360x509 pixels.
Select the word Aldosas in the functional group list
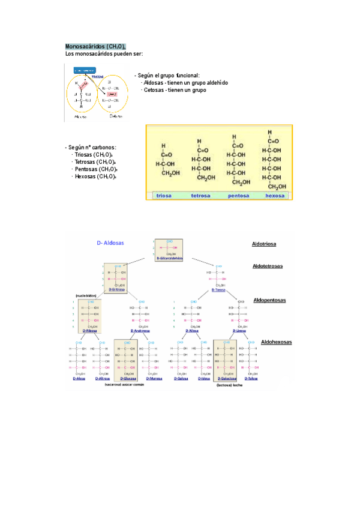point(154,83)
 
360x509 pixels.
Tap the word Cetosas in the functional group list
point(154,90)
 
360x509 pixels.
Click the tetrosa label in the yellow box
point(200,195)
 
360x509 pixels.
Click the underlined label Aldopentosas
point(270,300)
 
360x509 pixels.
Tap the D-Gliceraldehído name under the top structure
point(169,258)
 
